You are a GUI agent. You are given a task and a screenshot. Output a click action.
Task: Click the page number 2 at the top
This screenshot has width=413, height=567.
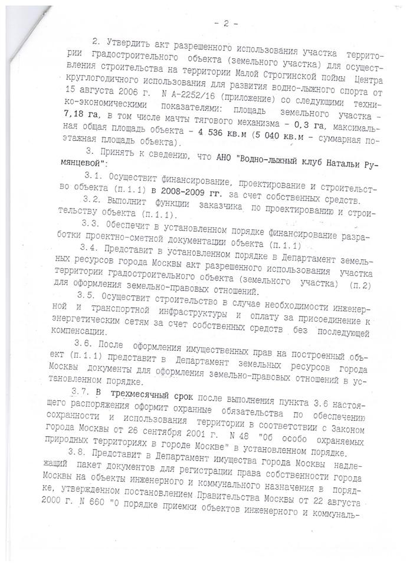tap(225, 24)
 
